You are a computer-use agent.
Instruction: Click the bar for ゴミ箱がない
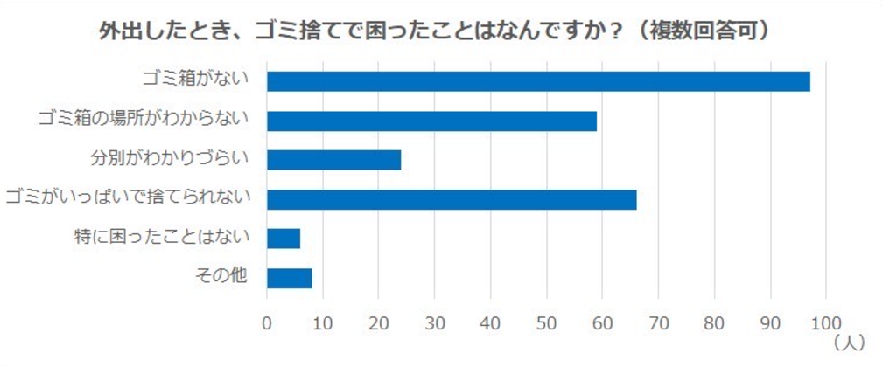coord(538,81)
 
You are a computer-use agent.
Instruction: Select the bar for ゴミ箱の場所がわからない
coord(431,121)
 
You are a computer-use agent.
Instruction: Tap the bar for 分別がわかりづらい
coord(333,160)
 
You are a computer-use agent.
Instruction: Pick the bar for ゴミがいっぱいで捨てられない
coord(452,199)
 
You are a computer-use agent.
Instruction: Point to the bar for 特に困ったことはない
coord(284,239)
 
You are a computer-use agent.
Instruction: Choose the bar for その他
coord(289,278)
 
